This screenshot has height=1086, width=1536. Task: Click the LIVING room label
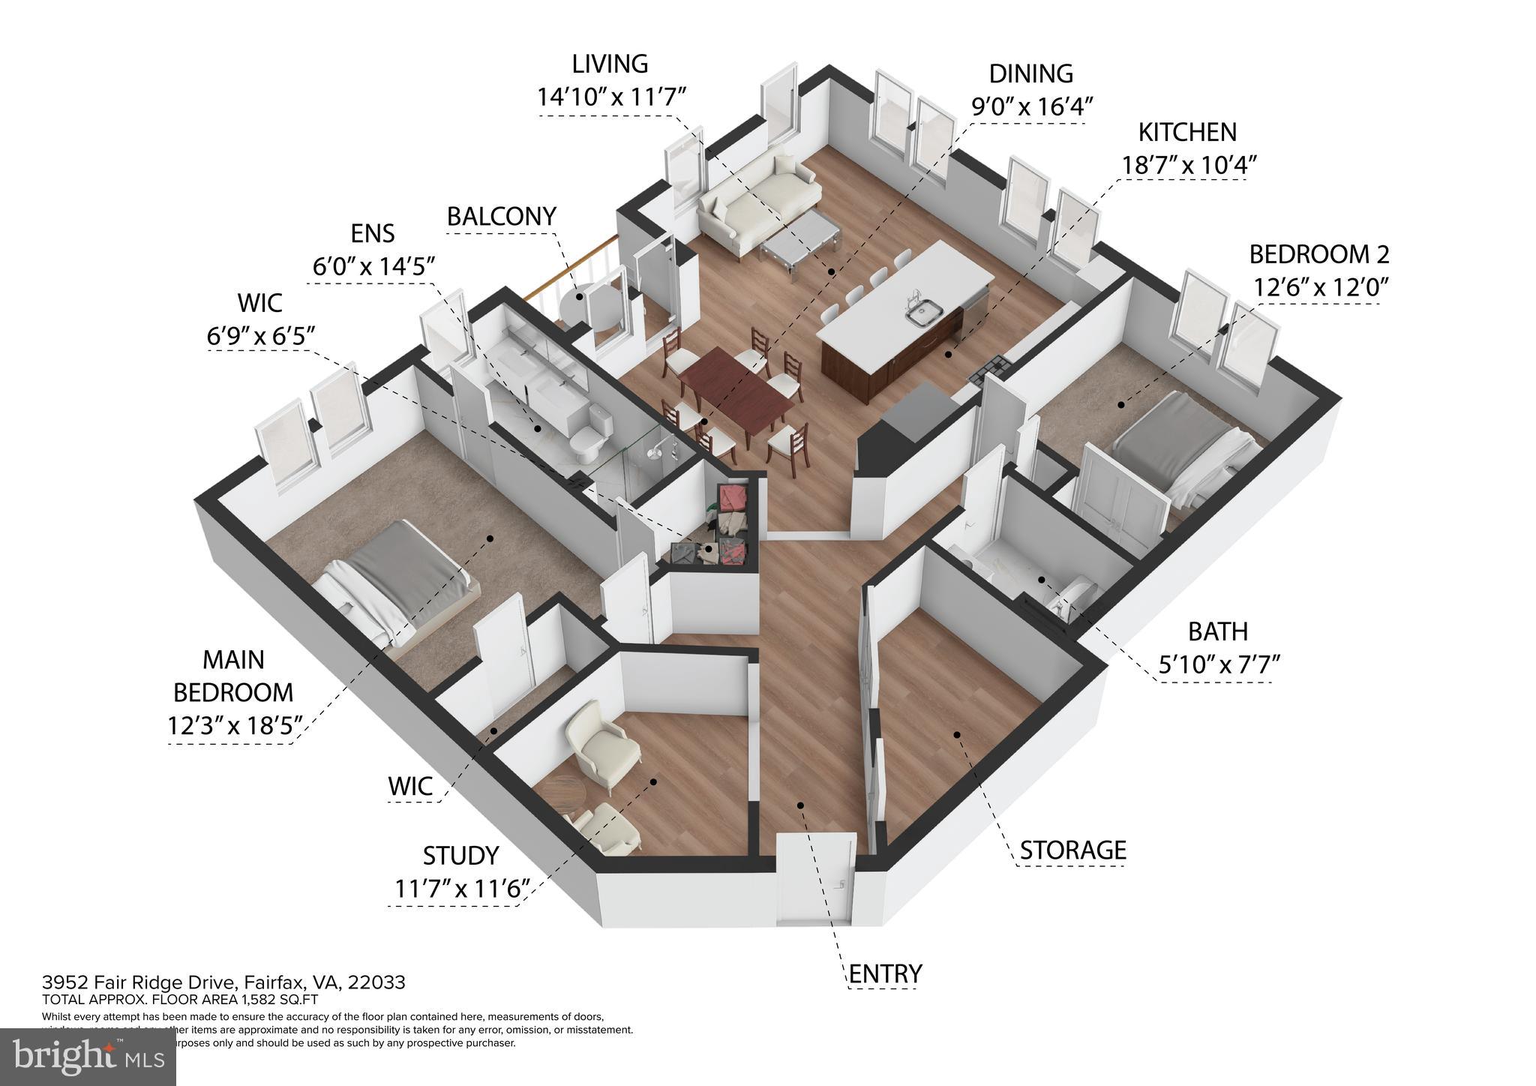610,64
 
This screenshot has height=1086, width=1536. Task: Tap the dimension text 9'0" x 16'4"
1030,106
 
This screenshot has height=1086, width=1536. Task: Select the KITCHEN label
1187,133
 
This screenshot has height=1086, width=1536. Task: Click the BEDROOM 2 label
1319,255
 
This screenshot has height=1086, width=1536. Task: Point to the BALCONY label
501,217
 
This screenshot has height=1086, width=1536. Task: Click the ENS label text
373,234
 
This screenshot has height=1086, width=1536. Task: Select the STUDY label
460,856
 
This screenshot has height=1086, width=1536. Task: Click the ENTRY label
885,974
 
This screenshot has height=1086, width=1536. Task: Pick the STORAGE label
1072,850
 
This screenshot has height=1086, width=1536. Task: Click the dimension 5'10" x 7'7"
1218,665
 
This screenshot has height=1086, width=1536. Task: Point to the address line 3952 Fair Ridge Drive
223,982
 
